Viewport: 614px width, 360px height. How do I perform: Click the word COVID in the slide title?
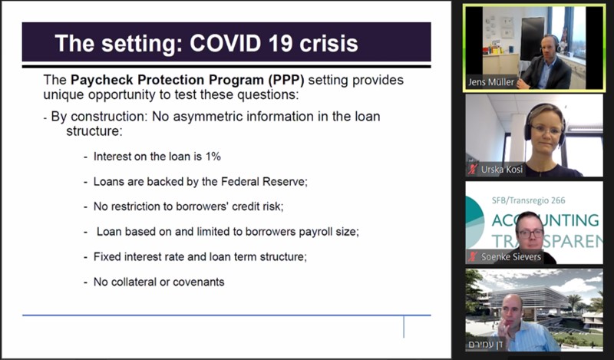tap(225, 43)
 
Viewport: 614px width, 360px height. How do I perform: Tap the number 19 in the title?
tap(280, 43)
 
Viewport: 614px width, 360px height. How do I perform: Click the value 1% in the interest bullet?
tap(213, 157)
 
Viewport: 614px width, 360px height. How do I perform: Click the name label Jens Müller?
tap(491, 82)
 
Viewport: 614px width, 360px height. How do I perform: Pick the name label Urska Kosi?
tap(502, 169)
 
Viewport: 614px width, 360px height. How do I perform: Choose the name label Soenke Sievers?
tap(511, 256)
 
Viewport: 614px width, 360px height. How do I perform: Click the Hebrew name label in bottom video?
tap(486, 344)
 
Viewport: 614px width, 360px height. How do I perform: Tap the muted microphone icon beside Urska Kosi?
tap(473, 169)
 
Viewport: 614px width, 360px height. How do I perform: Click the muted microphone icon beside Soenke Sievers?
tap(473, 256)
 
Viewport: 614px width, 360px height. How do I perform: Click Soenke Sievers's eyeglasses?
tap(530, 233)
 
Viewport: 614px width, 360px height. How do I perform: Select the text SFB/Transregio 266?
tap(529, 200)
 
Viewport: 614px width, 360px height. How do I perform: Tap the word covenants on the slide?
tap(199, 282)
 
